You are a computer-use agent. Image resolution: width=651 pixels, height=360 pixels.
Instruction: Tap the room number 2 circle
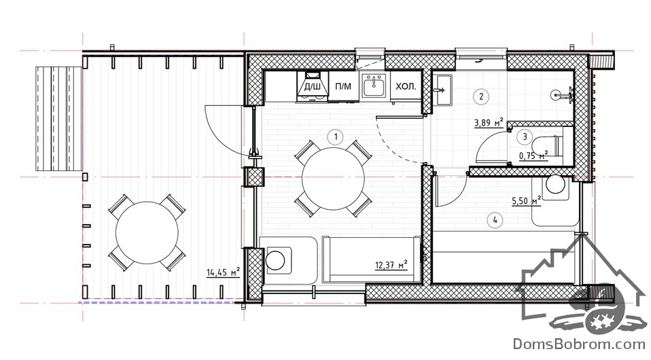pos(481,96)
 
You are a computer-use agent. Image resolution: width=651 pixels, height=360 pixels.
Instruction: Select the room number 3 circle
pos(525,137)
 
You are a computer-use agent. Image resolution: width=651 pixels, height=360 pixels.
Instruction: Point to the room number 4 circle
pos(495,220)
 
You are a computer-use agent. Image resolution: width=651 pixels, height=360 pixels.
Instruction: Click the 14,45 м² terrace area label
pos(224,272)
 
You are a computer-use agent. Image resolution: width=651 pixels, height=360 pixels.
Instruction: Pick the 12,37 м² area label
pos(391,264)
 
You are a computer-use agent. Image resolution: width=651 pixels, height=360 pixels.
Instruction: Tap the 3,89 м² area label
pos(489,122)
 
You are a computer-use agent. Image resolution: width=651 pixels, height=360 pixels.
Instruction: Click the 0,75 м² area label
pos(533,156)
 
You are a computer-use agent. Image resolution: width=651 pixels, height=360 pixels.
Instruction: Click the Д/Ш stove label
pos(312,86)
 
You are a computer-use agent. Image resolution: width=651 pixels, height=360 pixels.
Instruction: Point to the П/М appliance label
pos(343,86)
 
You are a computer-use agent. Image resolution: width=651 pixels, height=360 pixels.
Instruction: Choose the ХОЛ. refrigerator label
pos(406,86)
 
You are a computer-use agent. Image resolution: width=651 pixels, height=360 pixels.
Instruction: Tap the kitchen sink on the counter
pos(374,86)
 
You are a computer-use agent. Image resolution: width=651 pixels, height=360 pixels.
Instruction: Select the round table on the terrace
pos(147,232)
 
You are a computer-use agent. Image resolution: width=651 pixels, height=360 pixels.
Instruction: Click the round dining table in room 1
pos(333,179)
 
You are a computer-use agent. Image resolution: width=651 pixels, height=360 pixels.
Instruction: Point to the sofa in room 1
pos(372,260)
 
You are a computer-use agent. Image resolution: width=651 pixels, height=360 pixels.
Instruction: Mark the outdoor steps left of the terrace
pos(58,119)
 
